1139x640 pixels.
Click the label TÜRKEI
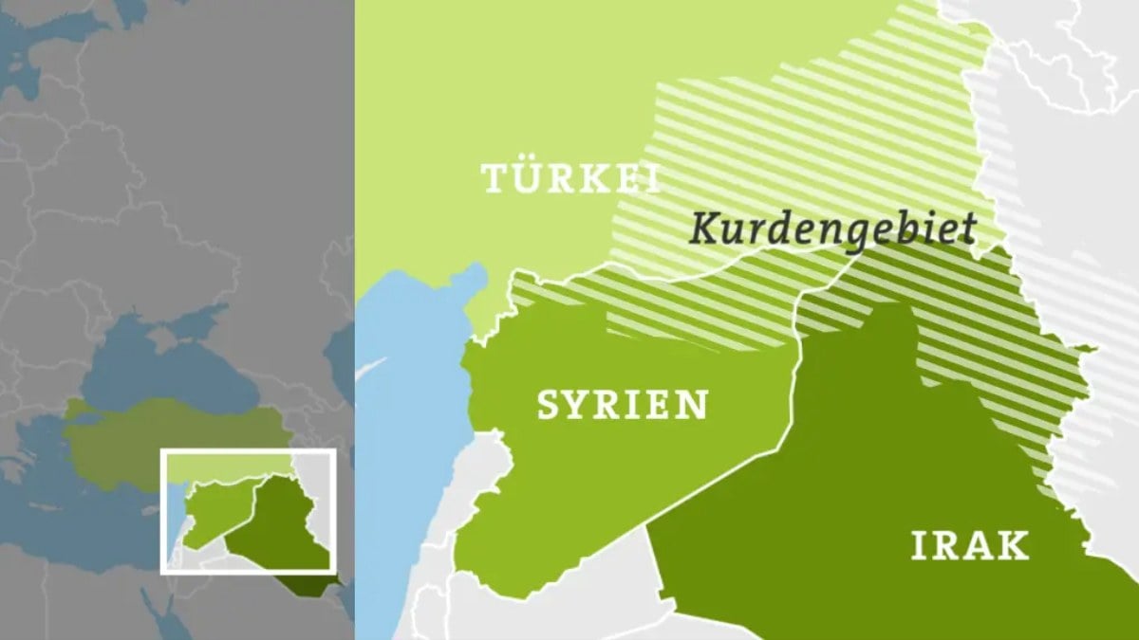point(571,178)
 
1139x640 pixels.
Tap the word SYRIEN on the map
point(622,405)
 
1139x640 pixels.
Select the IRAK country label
point(970,546)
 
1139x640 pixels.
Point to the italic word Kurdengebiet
point(833,229)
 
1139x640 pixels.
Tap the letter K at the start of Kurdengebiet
point(705,229)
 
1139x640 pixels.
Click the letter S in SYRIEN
point(551,405)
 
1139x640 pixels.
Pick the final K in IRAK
point(1015,546)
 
